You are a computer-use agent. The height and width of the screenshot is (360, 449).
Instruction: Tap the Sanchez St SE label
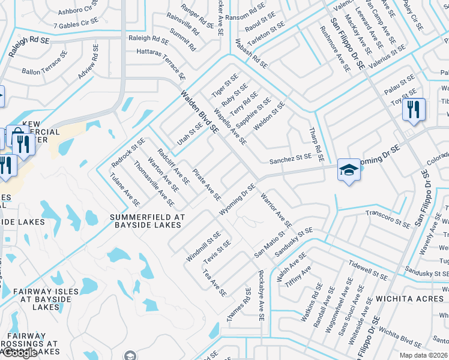point(291,158)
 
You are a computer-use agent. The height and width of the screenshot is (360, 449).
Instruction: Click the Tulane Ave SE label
point(125,190)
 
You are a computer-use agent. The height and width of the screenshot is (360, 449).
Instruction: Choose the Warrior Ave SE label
point(276,211)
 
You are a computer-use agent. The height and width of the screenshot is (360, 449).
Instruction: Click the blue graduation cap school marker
point(349,170)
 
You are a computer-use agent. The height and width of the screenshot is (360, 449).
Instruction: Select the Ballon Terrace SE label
point(41,66)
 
